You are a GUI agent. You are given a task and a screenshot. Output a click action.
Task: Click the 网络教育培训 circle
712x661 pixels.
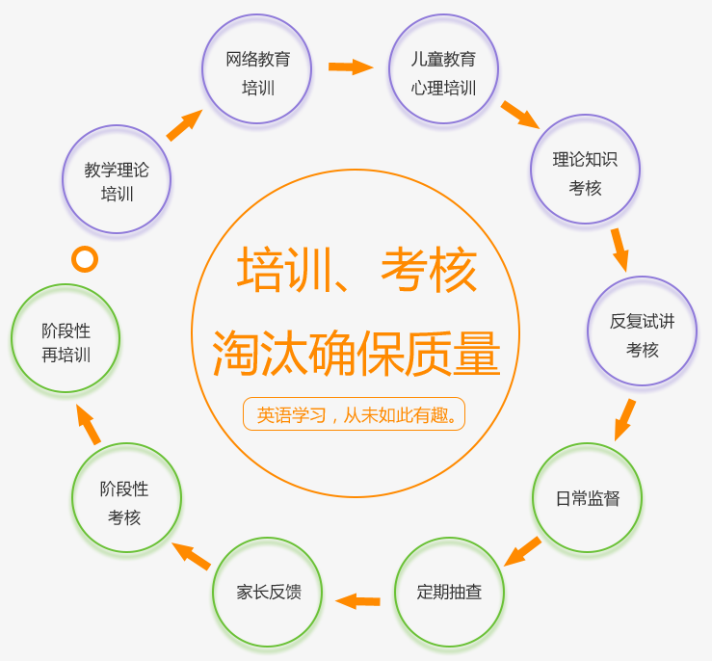point(257,69)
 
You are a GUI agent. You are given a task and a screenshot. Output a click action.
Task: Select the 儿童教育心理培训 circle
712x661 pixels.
point(443,69)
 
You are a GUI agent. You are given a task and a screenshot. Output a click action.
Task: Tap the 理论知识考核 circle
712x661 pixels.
point(585,170)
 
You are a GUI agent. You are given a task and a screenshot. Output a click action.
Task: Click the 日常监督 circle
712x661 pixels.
point(587,497)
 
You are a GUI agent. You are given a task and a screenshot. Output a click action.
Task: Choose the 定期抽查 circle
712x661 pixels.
point(449,592)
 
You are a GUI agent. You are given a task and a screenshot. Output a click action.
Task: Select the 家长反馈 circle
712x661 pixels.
point(267,592)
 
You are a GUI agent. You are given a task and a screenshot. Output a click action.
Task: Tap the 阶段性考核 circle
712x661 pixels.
point(126,498)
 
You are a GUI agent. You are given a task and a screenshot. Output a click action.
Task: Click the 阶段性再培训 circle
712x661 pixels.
point(66,338)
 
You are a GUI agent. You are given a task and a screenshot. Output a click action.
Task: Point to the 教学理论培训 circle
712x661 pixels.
point(117,179)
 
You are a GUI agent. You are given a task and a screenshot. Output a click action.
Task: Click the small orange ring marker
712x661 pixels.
point(85,258)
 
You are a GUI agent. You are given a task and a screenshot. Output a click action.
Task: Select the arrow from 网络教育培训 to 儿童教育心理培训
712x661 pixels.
point(350,66)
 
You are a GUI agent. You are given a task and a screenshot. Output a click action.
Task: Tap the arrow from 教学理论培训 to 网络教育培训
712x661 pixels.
point(184,125)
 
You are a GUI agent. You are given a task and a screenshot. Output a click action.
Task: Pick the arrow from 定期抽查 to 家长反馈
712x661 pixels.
point(357,601)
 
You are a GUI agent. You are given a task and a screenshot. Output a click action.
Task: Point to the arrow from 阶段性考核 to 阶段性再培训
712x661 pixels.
point(88,424)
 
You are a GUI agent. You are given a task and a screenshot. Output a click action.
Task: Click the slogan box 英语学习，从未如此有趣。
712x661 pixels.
point(354,414)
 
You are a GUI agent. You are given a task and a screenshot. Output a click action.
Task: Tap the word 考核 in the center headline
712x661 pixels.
point(429,271)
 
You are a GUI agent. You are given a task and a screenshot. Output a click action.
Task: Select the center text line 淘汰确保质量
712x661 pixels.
point(356,354)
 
